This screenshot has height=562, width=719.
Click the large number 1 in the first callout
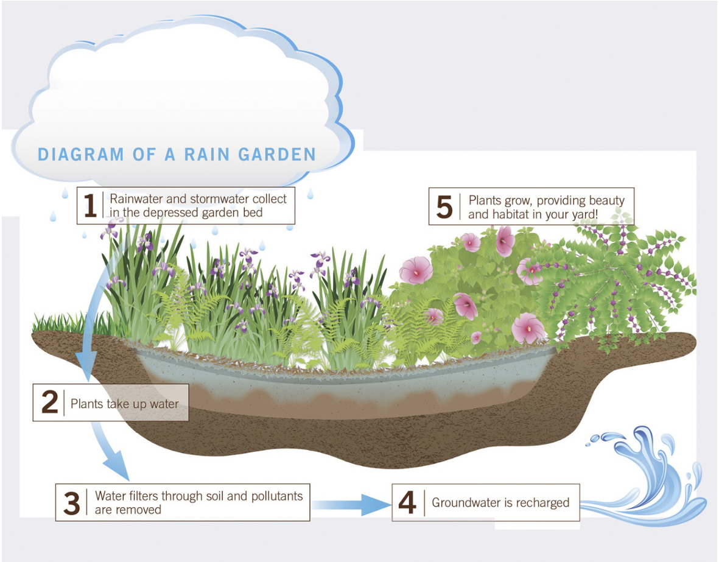pos(90,206)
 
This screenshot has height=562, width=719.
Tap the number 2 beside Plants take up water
pos(49,402)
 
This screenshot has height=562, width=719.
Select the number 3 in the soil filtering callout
pos(72,502)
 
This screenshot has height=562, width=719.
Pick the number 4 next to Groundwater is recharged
pos(407,502)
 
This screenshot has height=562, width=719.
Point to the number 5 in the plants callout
pos(445,207)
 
